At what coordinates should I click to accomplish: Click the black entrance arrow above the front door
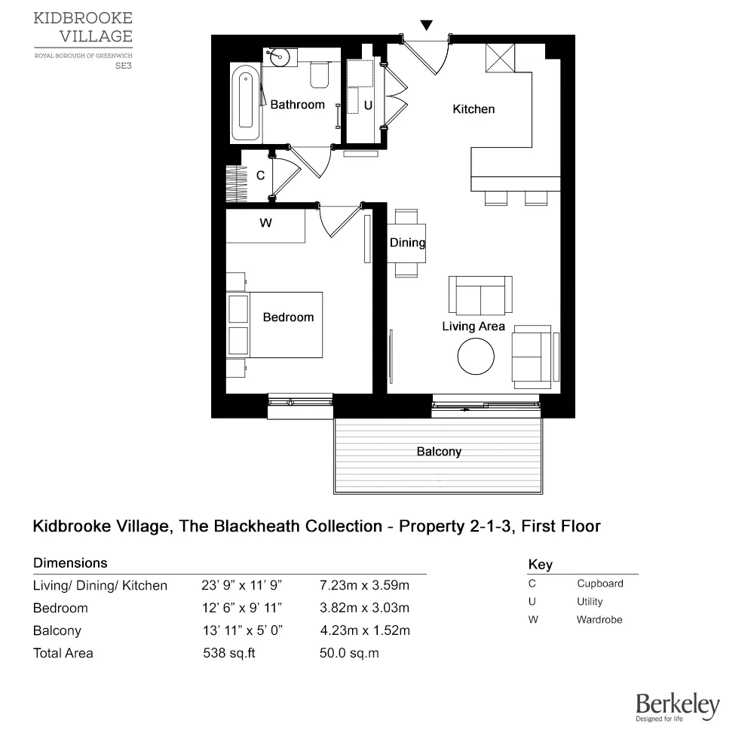(427, 26)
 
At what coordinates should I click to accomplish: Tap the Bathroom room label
(297, 105)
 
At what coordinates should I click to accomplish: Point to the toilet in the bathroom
(320, 73)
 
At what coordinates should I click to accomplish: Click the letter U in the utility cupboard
(368, 106)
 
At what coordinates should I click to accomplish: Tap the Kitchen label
(474, 109)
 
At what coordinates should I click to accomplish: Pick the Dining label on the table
(408, 243)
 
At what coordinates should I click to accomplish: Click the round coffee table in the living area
(477, 356)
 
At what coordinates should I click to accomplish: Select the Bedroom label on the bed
(288, 317)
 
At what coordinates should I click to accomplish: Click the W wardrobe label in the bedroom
(265, 223)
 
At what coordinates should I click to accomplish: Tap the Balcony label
(439, 452)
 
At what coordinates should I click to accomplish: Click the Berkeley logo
(677, 707)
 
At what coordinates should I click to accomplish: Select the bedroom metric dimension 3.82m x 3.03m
(364, 608)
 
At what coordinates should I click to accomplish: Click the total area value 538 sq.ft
(229, 653)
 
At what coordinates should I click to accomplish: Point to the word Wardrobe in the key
(600, 620)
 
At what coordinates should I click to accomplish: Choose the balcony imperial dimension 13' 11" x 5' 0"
(243, 630)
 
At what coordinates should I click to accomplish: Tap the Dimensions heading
(70, 563)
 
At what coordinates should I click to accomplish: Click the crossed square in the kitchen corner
(499, 58)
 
